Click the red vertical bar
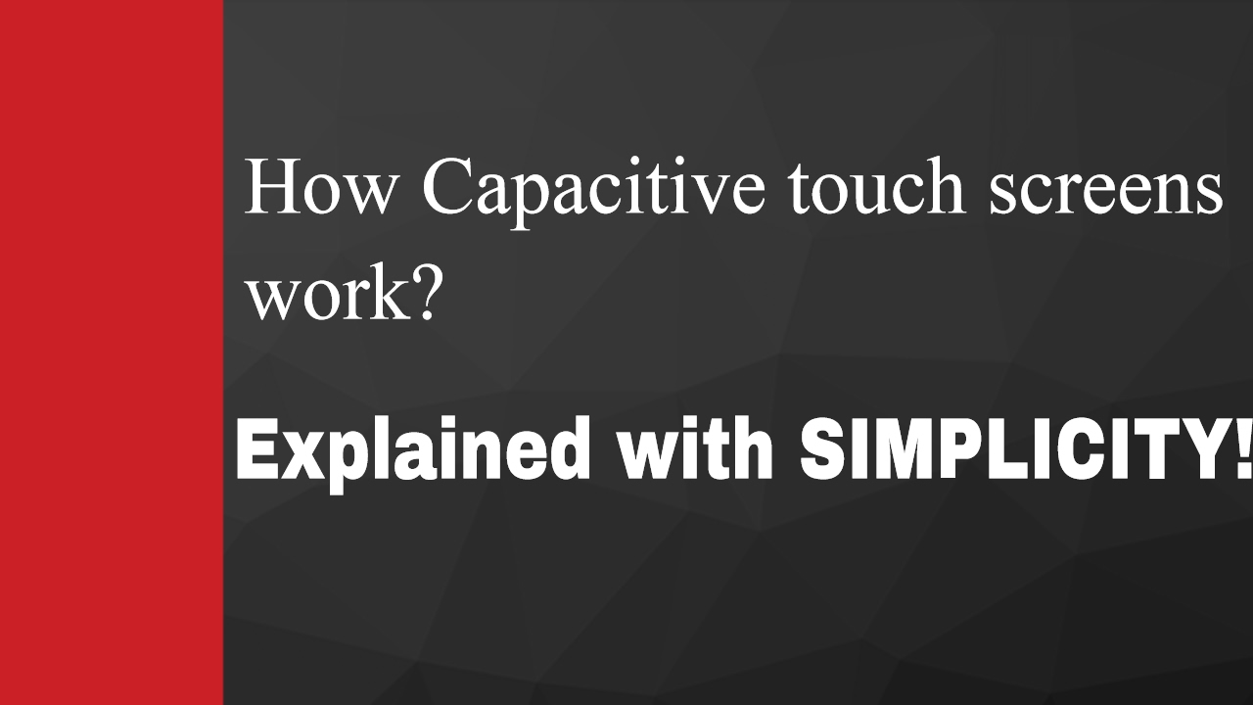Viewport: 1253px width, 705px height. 112,352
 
